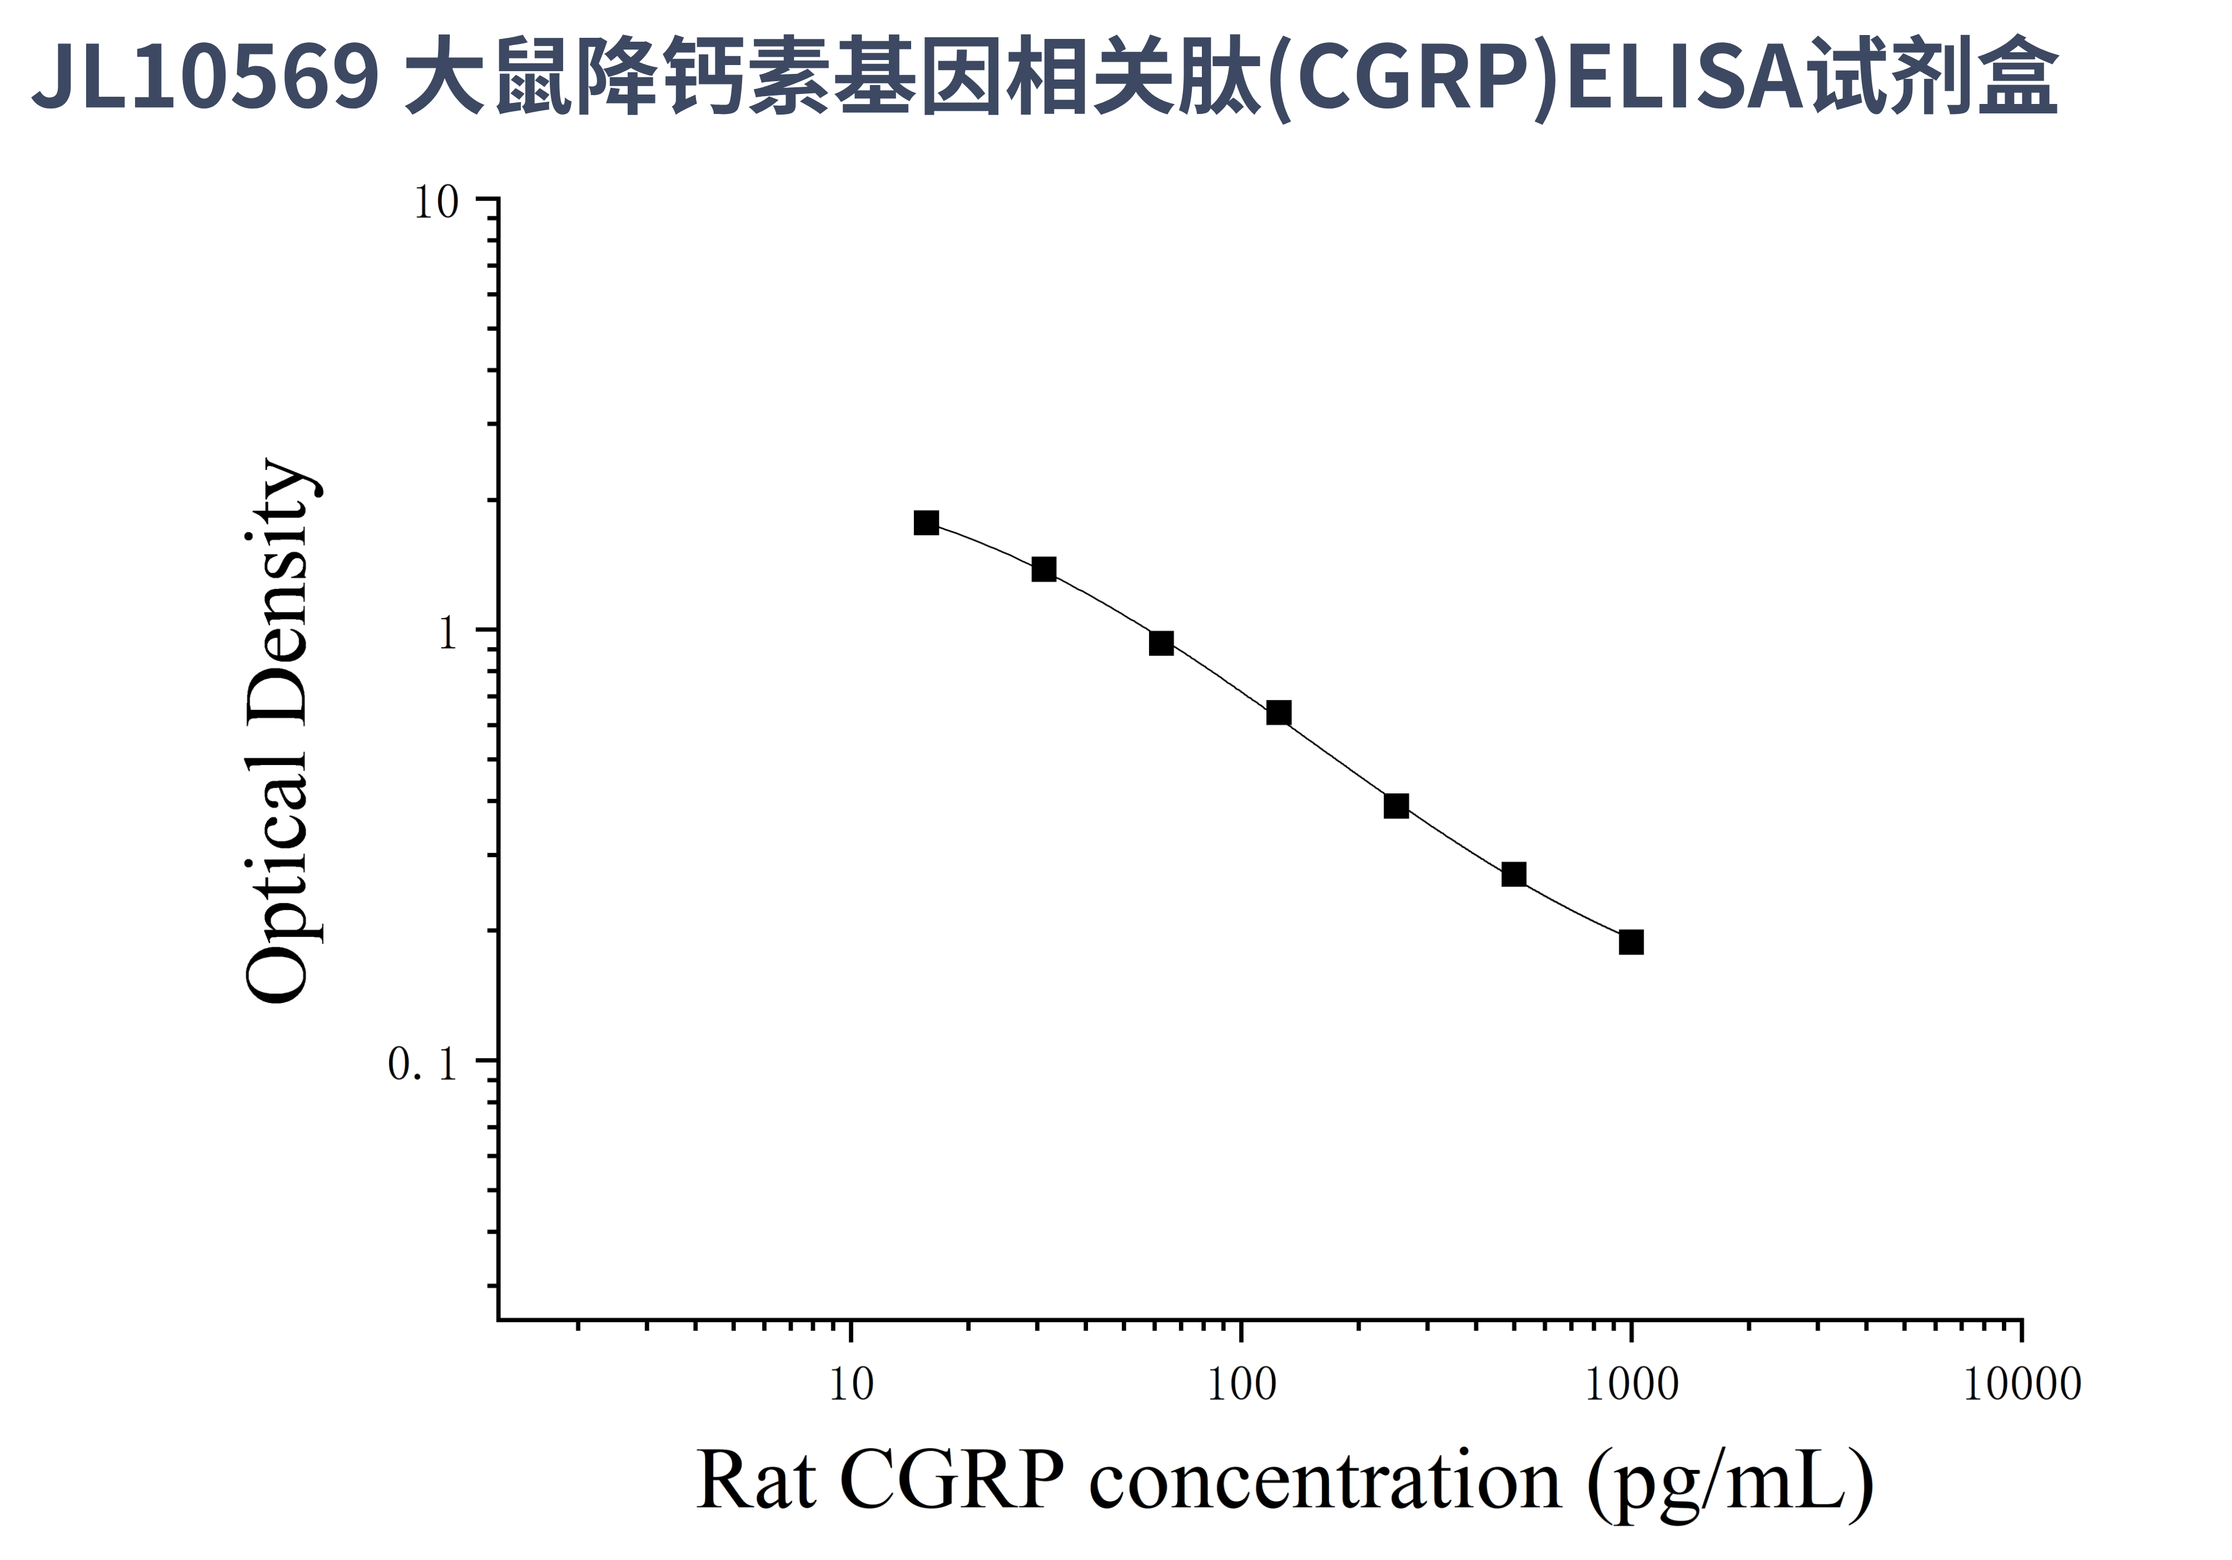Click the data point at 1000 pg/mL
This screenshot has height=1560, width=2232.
click(x=1631, y=942)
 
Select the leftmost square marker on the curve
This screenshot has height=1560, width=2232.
click(x=927, y=523)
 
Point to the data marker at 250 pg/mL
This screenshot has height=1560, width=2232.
click(x=1396, y=806)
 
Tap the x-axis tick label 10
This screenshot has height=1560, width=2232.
click(x=852, y=1384)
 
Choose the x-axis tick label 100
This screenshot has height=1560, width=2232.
click(x=1241, y=1384)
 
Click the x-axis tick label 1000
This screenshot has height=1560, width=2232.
click(x=1631, y=1384)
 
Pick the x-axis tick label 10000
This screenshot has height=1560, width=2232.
click(x=2022, y=1384)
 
